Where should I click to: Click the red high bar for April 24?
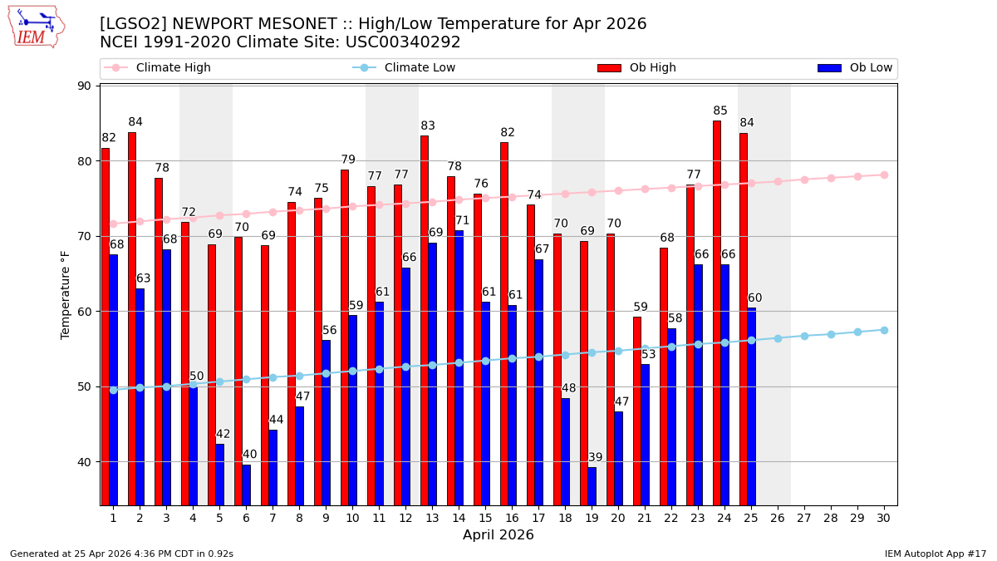pyautogui.click(x=717, y=312)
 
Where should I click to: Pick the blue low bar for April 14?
pyautogui.click(x=459, y=367)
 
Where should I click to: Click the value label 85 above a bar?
pyautogui.click(x=720, y=111)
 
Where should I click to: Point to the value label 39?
pyautogui.click(x=596, y=458)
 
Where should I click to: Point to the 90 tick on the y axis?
pyautogui.click(x=85, y=86)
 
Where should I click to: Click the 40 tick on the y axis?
pyautogui.click(x=85, y=462)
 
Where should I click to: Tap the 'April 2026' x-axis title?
pyautogui.click(x=498, y=535)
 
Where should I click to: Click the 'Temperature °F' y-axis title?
pyautogui.click(x=66, y=295)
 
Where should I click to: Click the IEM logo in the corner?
pyautogui.click(x=36, y=27)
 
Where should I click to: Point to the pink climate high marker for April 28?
pyautogui.click(x=831, y=178)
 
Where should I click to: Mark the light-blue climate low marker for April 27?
pyautogui.click(x=804, y=336)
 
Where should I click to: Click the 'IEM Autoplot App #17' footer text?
pyautogui.click(x=935, y=554)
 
